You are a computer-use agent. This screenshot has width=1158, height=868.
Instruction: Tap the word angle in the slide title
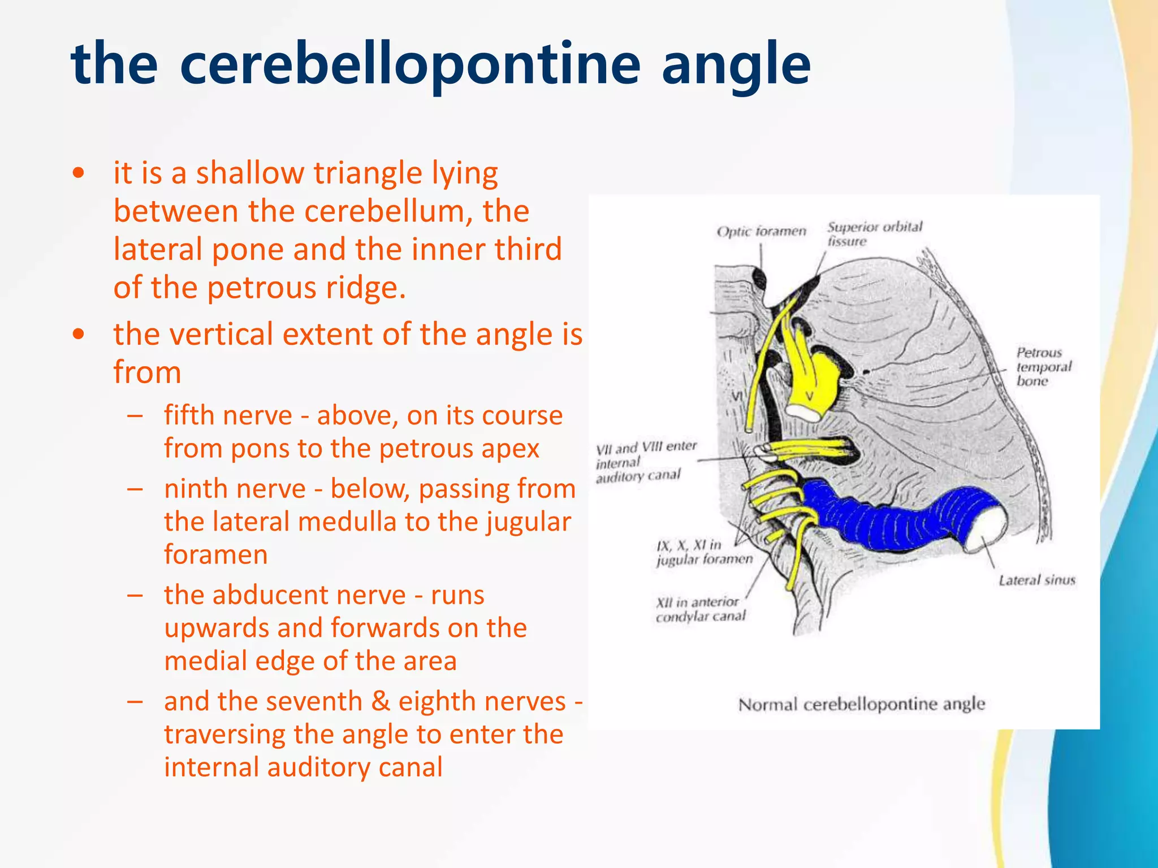(736, 67)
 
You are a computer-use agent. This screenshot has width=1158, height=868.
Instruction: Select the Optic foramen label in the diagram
(761, 232)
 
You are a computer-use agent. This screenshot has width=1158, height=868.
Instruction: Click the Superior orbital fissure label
(874, 234)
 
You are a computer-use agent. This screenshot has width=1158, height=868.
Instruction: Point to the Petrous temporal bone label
(1043, 367)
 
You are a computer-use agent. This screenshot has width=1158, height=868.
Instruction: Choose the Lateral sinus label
(1036, 580)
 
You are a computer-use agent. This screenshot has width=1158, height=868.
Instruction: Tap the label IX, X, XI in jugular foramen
(704, 552)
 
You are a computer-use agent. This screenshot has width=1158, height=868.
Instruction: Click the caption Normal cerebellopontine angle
(861, 705)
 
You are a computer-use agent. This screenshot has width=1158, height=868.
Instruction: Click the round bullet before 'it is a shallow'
(79, 173)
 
